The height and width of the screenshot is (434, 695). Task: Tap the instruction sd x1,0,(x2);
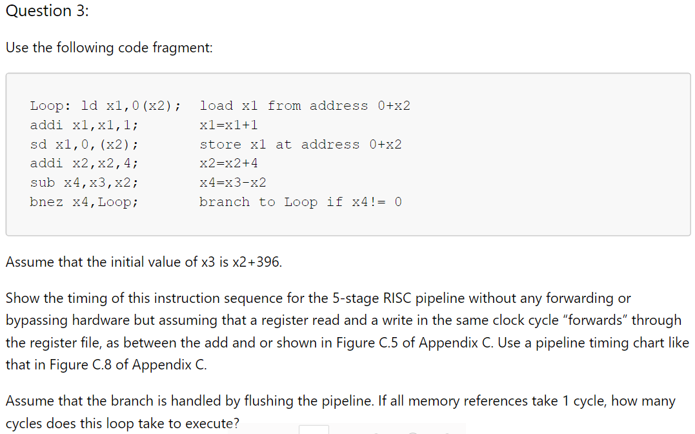[84, 145]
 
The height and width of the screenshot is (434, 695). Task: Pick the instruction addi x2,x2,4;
[84, 163]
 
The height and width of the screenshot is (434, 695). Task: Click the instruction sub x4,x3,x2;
[84, 183]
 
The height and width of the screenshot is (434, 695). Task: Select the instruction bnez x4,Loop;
[84, 202]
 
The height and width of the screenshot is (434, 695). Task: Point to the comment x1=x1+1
[228, 125]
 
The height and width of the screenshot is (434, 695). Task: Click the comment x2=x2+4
[228, 163]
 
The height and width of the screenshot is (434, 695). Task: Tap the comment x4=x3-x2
[232, 183]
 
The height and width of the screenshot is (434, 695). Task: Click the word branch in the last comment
[225, 202]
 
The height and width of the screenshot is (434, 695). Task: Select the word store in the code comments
[220, 145]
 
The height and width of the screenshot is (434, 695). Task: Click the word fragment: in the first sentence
[183, 48]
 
